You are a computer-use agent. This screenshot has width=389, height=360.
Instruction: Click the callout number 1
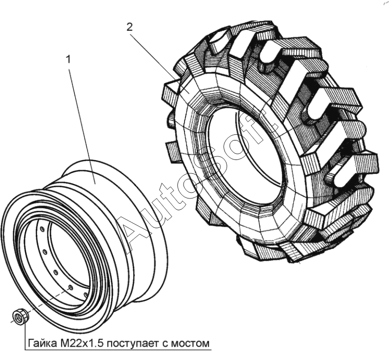click(x=68, y=59)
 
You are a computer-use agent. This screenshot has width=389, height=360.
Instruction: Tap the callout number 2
click(x=130, y=27)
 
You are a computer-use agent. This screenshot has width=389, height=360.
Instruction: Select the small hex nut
click(x=20, y=316)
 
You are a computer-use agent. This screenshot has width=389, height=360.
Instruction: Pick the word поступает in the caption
click(x=129, y=343)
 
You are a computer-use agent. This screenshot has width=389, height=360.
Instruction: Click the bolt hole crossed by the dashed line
click(x=69, y=288)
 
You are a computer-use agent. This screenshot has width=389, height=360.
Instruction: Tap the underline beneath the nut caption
click(x=118, y=350)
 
